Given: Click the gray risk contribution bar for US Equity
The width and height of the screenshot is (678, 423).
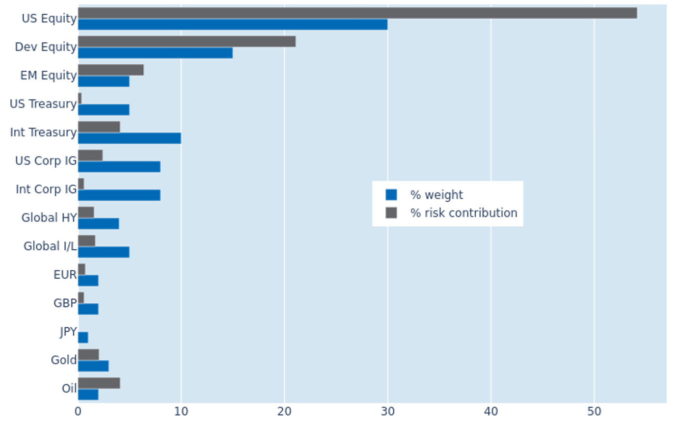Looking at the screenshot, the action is click(x=357, y=13).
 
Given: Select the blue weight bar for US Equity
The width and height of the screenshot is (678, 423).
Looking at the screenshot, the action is click(x=233, y=25).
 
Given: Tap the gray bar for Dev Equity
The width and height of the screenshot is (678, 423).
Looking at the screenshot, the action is click(x=187, y=41).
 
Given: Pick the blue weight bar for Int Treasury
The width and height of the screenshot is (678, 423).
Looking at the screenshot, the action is click(x=130, y=138).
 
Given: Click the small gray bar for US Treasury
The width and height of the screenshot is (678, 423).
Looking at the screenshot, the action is click(x=80, y=98).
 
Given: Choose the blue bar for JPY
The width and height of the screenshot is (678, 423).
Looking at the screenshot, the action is click(x=83, y=338).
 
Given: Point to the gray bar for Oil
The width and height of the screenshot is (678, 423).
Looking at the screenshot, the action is click(x=99, y=383).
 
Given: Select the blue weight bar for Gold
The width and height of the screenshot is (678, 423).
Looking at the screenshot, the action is click(x=93, y=366).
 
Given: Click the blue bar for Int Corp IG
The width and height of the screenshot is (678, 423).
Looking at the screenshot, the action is click(x=119, y=195).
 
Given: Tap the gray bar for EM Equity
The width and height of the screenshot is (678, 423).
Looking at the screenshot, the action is click(x=111, y=70).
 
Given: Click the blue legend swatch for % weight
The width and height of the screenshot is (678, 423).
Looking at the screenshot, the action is click(x=391, y=194).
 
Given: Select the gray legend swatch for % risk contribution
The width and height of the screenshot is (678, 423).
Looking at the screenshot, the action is click(x=391, y=212).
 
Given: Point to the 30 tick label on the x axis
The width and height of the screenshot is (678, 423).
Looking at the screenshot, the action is click(x=388, y=412).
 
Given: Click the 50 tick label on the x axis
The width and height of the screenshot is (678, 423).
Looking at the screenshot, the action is click(x=594, y=412).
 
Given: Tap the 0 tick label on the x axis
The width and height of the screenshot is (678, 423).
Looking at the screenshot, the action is click(x=78, y=412).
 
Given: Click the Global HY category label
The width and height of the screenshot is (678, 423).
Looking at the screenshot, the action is click(x=49, y=217).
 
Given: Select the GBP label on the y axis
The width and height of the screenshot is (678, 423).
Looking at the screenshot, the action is click(x=65, y=303).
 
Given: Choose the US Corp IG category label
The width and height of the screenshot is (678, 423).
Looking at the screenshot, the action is click(x=46, y=160).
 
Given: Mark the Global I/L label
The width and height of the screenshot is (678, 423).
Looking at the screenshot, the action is click(x=50, y=246).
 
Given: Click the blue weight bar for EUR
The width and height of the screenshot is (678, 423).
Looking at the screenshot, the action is click(x=88, y=281).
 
